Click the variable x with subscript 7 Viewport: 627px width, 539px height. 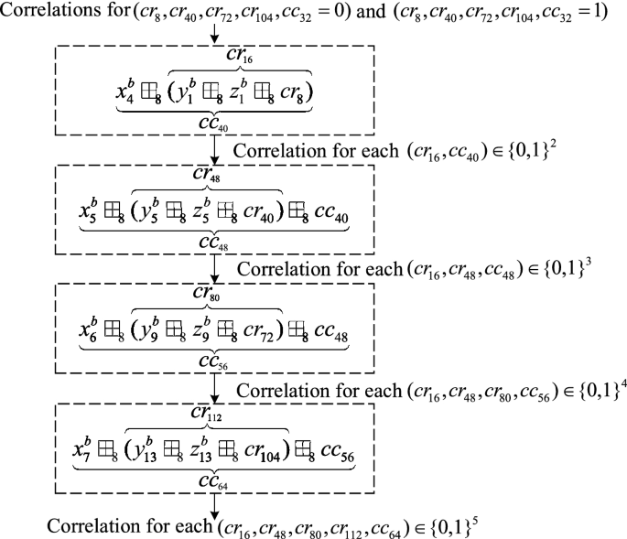pyautogui.click(x=82, y=447)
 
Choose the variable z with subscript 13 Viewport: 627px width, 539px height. pyautogui.click(x=207, y=447)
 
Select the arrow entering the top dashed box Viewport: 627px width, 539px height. pyautogui.click(x=214, y=35)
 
